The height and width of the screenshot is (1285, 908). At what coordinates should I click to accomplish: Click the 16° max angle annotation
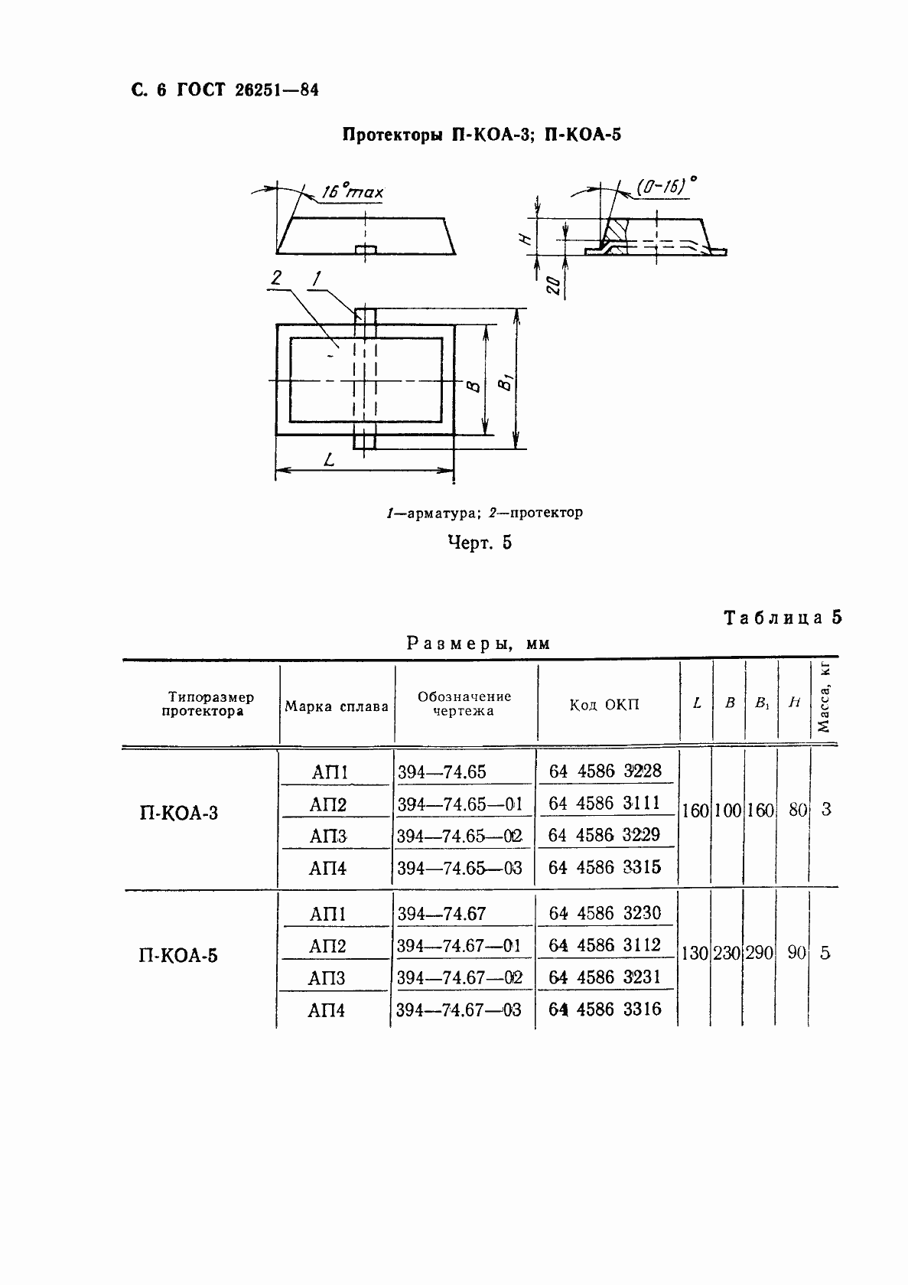tap(351, 191)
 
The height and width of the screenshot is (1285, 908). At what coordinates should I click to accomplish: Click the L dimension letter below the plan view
tap(329, 460)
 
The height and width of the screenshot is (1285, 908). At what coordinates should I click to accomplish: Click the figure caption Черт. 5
tap(480, 543)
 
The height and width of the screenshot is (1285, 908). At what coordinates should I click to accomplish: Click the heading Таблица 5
tap(782, 618)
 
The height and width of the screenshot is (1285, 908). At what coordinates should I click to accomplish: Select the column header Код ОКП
tap(604, 705)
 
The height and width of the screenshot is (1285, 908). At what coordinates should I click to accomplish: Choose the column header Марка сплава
tap(337, 706)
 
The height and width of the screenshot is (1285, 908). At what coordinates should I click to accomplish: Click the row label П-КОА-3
tap(178, 813)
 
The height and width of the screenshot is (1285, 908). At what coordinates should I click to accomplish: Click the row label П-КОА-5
tap(178, 955)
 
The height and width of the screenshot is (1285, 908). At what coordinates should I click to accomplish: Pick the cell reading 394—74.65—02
tap(460, 836)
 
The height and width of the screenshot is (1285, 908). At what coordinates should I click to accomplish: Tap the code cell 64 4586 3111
tap(604, 803)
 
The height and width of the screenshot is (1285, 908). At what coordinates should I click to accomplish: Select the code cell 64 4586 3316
tap(604, 1009)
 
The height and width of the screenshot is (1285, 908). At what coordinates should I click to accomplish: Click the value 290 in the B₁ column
tap(760, 954)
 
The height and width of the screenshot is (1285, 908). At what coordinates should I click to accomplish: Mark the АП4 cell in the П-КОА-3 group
tap(328, 869)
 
